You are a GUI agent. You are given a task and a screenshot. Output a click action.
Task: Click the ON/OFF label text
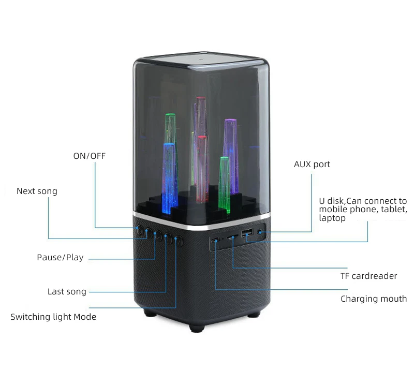(88, 156)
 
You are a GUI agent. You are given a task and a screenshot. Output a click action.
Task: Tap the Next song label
(37, 191)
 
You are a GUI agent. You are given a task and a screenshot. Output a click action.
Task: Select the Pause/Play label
(60, 258)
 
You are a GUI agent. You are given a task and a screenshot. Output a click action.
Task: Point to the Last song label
(67, 292)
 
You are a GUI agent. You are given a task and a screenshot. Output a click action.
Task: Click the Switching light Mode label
(53, 317)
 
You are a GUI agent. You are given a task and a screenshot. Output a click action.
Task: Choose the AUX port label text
(312, 165)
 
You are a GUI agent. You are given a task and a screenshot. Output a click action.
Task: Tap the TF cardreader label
(368, 276)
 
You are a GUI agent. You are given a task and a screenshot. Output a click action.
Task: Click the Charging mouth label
(374, 299)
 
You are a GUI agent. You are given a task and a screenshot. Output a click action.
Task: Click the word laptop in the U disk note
(332, 218)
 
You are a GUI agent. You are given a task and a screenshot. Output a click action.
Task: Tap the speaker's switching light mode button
(179, 241)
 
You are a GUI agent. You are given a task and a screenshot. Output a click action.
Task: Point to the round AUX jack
(261, 232)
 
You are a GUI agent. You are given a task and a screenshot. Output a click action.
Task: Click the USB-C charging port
(215, 240)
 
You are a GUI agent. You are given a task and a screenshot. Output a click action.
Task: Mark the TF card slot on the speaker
(233, 237)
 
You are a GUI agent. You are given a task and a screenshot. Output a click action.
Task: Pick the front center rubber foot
(196, 327)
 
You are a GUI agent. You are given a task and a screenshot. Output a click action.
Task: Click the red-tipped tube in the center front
(202, 168)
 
